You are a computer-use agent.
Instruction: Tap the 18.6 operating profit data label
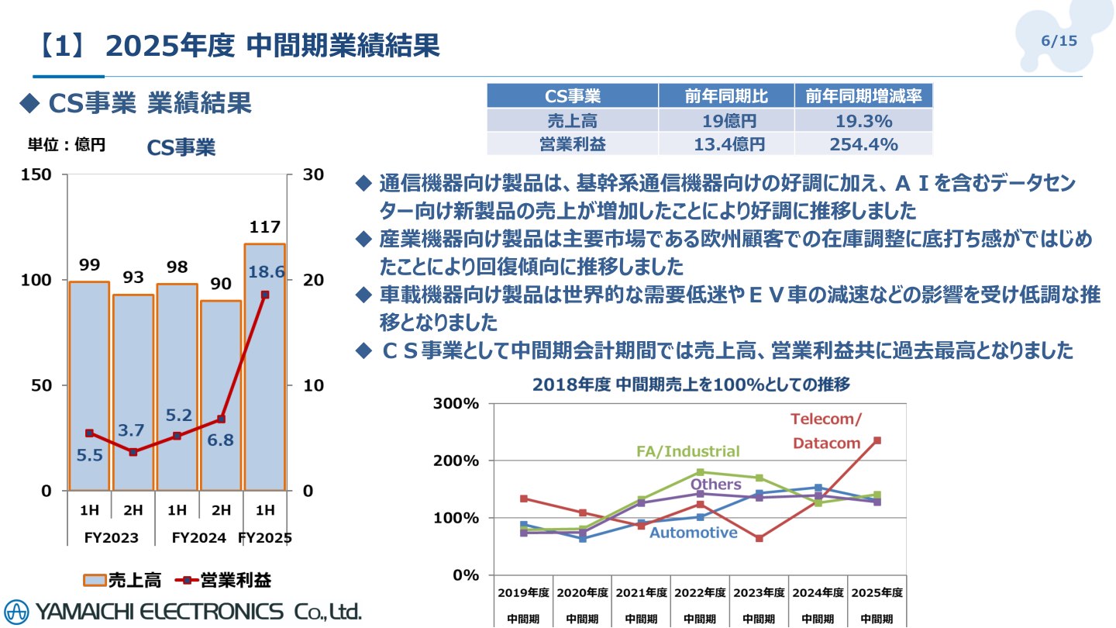pos(267,272)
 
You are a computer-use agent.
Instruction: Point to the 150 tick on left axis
pos(37,174)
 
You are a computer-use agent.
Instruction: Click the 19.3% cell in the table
pos(863,121)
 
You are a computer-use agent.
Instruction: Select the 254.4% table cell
pos(863,144)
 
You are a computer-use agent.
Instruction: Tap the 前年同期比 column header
pos(726,97)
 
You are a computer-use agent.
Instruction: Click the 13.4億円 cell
pos(726,144)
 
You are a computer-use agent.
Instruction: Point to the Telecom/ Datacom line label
pos(826,431)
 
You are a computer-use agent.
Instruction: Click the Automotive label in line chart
pos(693,533)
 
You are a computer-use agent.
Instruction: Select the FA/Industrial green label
pos(687,451)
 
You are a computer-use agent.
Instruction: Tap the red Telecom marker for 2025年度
pos(877,440)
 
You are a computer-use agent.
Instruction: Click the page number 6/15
pos(1059,41)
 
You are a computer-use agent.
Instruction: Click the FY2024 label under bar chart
pos(199,537)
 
